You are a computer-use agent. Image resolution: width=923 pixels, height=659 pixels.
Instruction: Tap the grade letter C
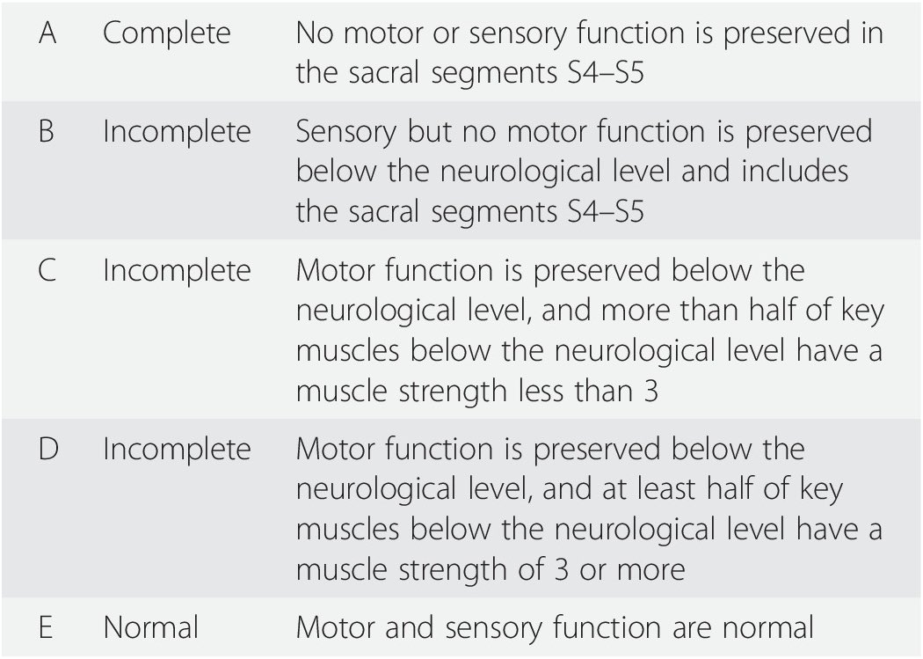tap(47, 270)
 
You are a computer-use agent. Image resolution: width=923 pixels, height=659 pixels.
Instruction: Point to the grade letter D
tap(47, 450)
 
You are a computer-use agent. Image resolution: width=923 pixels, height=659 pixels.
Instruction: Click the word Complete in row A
tap(167, 33)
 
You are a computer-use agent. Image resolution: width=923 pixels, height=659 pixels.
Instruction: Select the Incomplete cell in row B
tap(177, 131)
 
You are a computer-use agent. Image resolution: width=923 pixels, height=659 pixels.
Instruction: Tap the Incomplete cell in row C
tap(177, 270)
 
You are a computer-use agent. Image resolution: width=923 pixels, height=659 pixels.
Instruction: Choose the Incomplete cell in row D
tap(177, 450)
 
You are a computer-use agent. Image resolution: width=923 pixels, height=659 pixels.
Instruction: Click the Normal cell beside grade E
tap(150, 627)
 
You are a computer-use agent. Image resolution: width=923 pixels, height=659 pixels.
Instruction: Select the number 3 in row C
tap(650, 390)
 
